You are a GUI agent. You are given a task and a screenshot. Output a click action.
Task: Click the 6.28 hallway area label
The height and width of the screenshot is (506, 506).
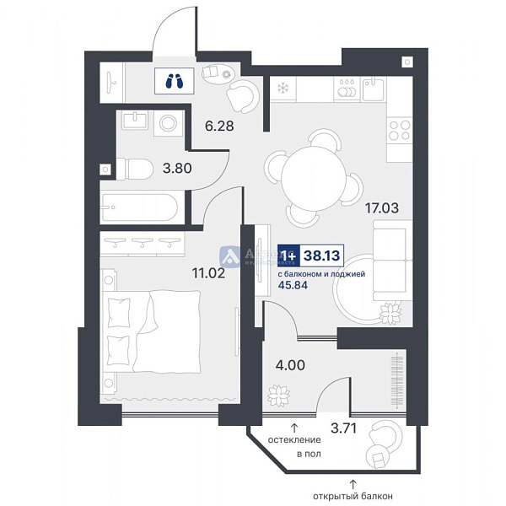218,126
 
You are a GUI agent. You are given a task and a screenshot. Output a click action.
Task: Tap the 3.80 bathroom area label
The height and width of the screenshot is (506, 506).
177,168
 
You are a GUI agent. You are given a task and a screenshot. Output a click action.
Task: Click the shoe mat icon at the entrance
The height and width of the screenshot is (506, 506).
175,81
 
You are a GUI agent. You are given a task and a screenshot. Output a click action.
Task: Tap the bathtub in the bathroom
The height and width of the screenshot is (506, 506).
139,205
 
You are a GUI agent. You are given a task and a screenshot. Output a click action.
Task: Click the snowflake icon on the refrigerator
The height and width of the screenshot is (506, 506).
281,86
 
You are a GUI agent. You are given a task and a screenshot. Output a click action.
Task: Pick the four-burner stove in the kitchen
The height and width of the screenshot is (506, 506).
399,131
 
